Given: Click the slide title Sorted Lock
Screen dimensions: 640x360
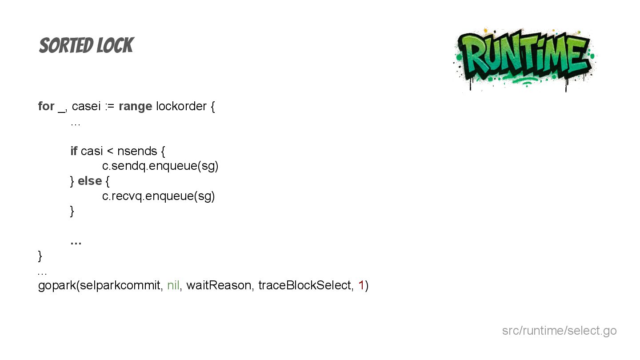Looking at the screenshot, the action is tap(86, 46).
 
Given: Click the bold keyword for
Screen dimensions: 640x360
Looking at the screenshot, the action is tap(46, 106).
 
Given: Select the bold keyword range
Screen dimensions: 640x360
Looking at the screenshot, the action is tap(135, 106).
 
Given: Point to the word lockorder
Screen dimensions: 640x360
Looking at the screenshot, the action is tap(181, 106).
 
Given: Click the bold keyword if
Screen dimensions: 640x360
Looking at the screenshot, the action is tap(74, 151).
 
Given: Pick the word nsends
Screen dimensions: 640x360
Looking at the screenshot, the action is tap(137, 151).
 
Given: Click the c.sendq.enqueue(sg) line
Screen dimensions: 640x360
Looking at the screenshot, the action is tap(160, 166).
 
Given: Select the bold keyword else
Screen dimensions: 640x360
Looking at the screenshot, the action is tap(89, 181).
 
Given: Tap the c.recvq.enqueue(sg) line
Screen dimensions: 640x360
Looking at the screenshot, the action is tap(158, 196).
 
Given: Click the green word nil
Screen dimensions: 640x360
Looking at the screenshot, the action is tap(173, 285).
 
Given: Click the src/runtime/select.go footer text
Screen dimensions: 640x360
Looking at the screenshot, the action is tap(559, 331).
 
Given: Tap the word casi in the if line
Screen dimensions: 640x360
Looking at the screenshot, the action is tap(92, 151).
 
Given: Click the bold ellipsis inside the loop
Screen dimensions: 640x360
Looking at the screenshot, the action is tap(76, 242).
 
